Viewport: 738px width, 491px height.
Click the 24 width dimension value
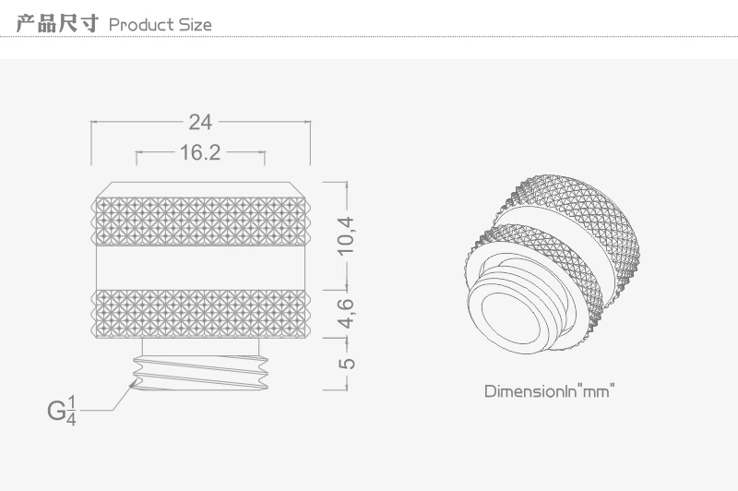pyautogui.click(x=200, y=123)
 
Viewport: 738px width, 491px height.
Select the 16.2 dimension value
pyautogui.click(x=200, y=152)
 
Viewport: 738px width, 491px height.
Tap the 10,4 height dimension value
pyautogui.click(x=346, y=236)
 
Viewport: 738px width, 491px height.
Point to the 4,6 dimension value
pyautogui.click(x=346, y=313)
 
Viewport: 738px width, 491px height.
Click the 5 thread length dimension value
pyautogui.click(x=347, y=364)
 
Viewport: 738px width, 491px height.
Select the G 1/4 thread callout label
pyautogui.click(x=62, y=411)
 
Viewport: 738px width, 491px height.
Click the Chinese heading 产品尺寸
pyautogui.click(x=57, y=24)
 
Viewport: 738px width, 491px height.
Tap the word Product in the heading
pyautogui.click(x=141, y=25)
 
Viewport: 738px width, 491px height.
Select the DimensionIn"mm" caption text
pyautogui.click(x=550, y=391)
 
